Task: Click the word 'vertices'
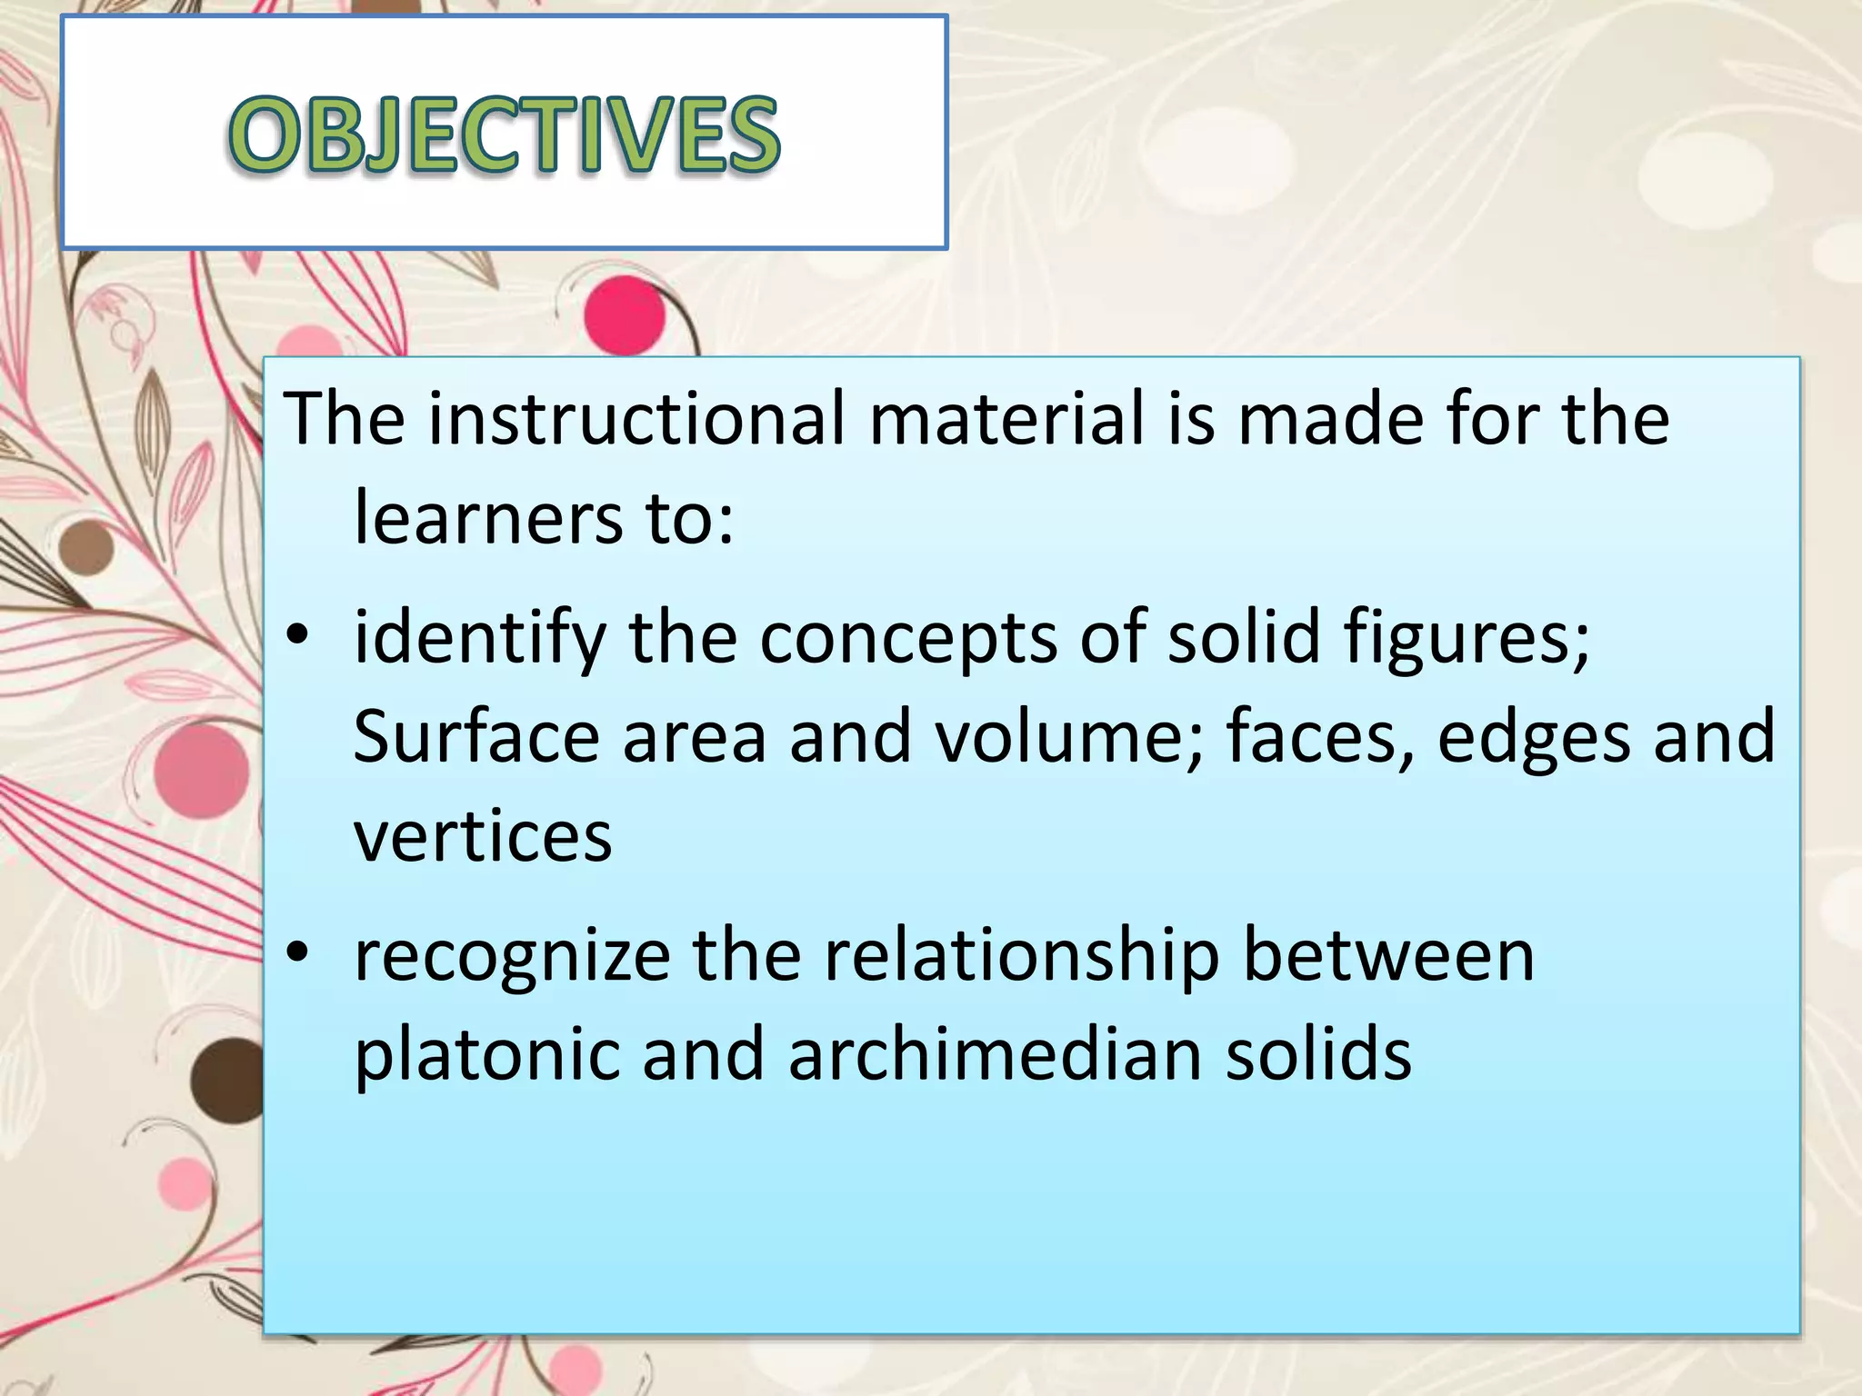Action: click(483, 836)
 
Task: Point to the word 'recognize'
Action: click(512, 956)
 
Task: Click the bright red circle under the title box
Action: click(624, 314)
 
